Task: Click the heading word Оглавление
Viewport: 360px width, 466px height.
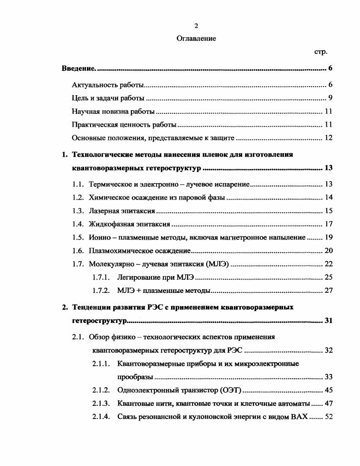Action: (196, 39)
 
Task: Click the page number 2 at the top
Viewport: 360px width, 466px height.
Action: (196, 26)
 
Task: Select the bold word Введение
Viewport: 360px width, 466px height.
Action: (78, 69)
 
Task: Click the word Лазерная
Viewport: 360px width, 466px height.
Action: (104, 210)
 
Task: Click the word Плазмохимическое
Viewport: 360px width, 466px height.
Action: (118, 251)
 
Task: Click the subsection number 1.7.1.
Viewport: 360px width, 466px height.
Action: (101, 277)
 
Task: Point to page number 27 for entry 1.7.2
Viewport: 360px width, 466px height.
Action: (329, 291)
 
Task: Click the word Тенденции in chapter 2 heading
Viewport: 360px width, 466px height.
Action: (91, 307)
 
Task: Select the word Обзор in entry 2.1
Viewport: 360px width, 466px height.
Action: (99, 337)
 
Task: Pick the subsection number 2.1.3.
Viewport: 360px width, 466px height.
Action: (101, 404)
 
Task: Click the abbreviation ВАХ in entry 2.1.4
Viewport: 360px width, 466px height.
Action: (298, 417)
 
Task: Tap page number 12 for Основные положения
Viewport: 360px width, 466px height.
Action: (329, 138)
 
